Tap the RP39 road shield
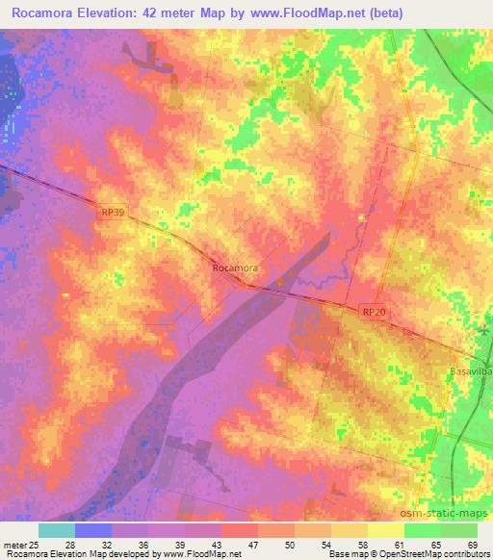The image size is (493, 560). (x=113, y=214)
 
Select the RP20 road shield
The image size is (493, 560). (x=376, y=313)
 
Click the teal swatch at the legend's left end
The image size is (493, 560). (x=57, y=530)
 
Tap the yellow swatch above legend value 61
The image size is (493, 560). (x=385, y=530)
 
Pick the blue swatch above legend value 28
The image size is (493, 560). (x=93, y=530)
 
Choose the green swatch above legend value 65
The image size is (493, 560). (x=422, y=530)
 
